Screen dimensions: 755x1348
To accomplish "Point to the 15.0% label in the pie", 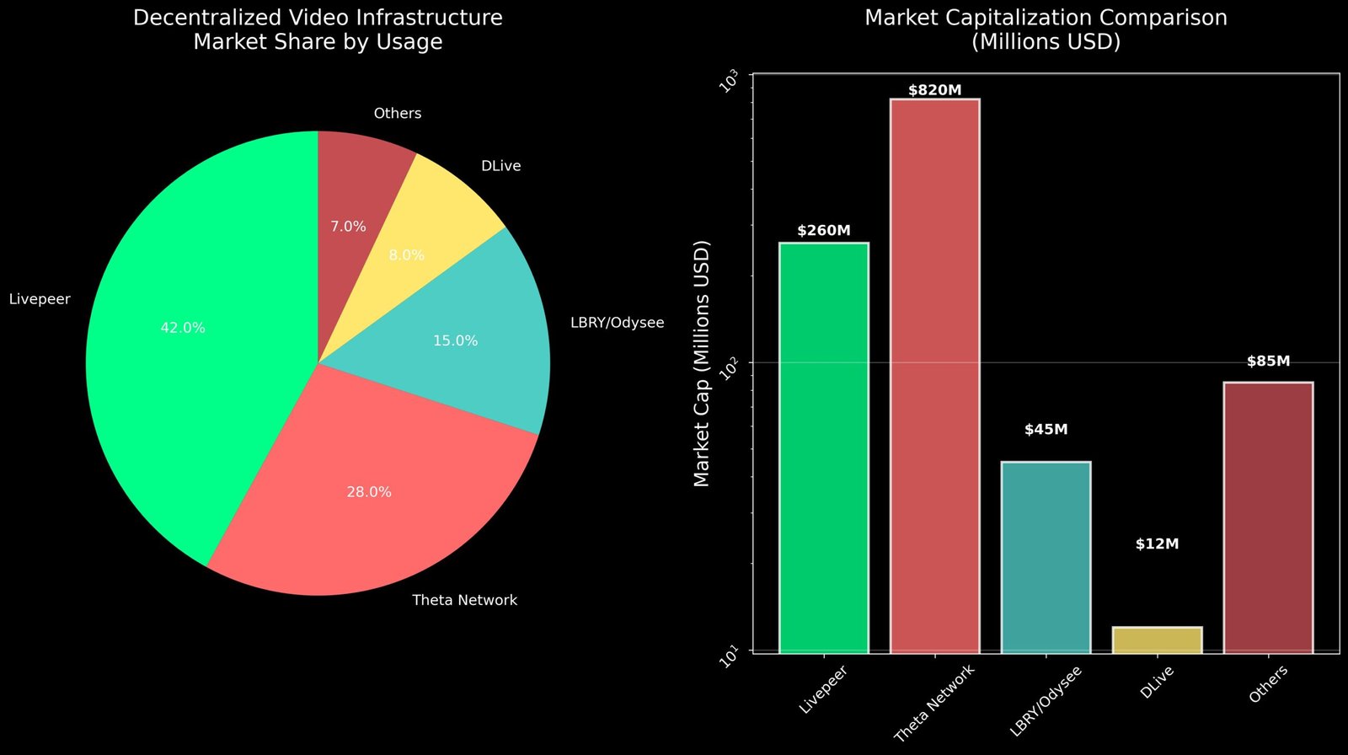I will click(455, 341).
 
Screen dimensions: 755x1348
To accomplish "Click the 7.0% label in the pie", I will click(348, 227).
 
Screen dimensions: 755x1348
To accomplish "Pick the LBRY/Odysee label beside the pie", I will click(617, 323).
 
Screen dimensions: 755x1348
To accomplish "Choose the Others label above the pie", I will click(397, 113).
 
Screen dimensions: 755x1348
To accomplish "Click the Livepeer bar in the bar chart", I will click(823, 447).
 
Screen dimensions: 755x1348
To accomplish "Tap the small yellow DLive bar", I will click(1157, 640).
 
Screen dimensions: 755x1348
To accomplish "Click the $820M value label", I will click(934, 90).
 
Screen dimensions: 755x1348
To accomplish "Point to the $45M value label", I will click(1046, 430).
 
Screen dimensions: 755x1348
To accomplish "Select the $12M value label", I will click(1157, 544).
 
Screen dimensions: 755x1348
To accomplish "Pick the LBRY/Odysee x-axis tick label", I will click(1046, 702).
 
